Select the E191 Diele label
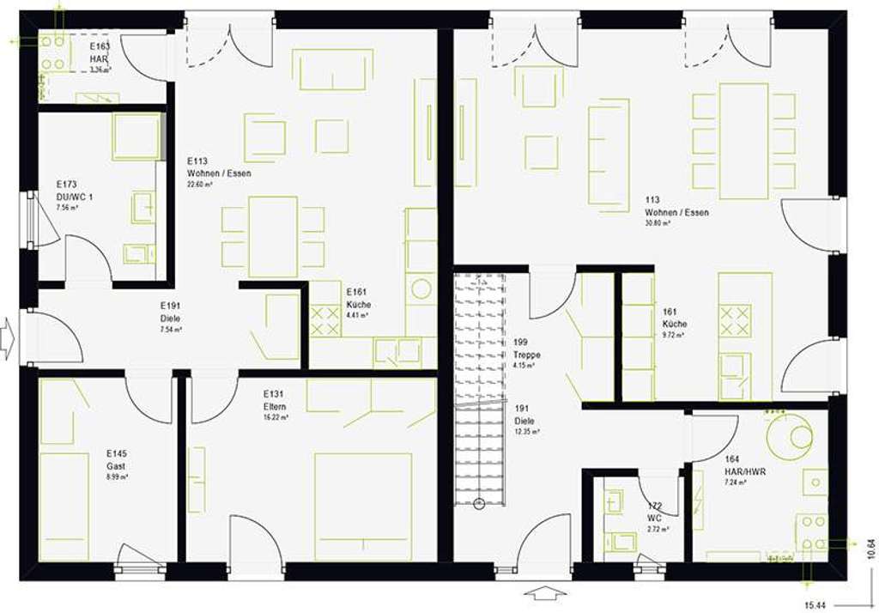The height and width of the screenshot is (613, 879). (168, 311)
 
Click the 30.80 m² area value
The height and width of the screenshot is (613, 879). (658, 223)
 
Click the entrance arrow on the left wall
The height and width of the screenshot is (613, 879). (8, 337)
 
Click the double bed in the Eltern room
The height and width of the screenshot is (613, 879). (362, 507)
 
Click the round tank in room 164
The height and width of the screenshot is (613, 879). (790, 435)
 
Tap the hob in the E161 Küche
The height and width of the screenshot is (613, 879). (324, 321)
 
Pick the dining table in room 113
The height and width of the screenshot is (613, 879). (743, 141)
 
